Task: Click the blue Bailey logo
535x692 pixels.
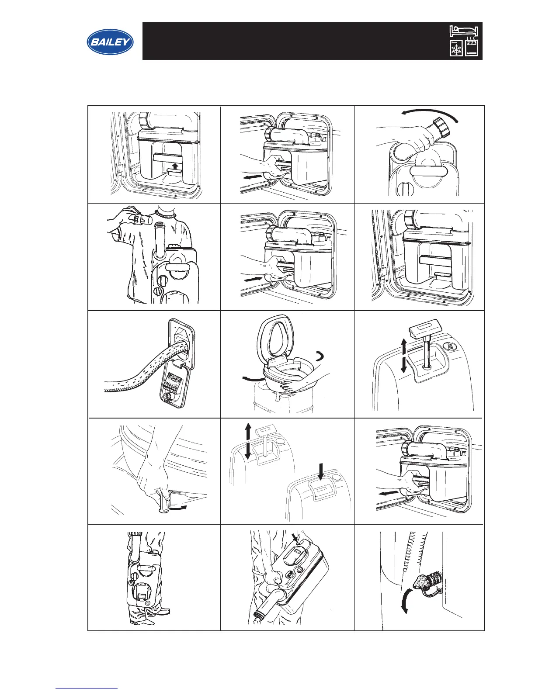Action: (110, 42)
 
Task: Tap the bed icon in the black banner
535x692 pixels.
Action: (464, 31)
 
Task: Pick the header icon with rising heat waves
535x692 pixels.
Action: (471, 47)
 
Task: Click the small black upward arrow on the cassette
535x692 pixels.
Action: (176, 166)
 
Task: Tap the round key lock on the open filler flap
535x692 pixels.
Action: (167, 396)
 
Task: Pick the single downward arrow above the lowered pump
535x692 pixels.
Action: (321, 471)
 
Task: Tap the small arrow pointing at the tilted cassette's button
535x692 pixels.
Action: (294, 536)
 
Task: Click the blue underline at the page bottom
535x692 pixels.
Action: (87, 689)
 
